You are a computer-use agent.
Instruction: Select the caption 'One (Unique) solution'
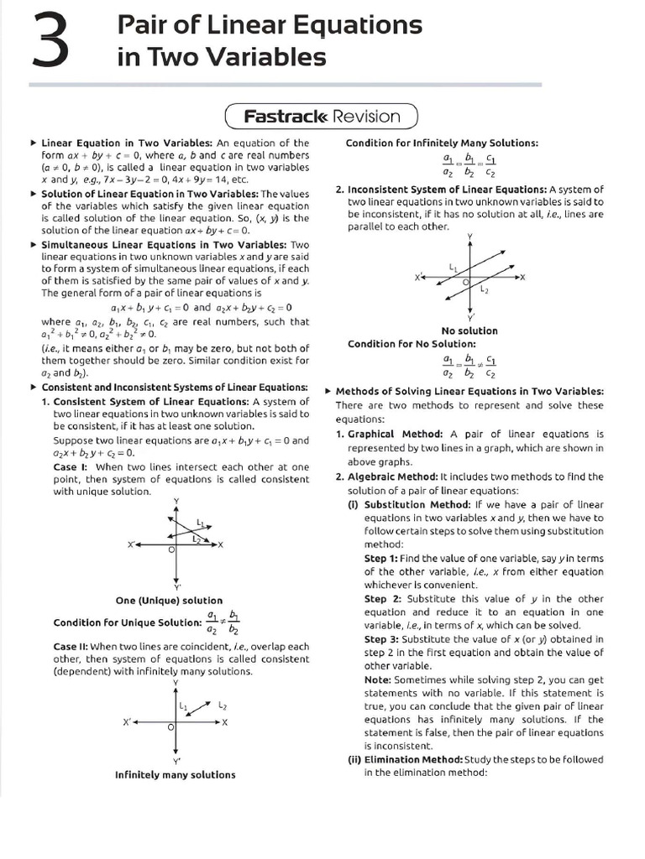click(169, 601)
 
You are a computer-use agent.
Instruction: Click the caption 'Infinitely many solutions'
click(175, 775)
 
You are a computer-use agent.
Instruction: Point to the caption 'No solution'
click(469, 331)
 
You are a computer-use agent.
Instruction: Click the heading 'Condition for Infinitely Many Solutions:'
click(442, 143)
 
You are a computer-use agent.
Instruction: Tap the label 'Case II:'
click(71, 647)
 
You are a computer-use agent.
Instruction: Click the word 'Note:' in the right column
click(379, 679)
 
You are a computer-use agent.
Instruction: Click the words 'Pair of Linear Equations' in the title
click(270, 25)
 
